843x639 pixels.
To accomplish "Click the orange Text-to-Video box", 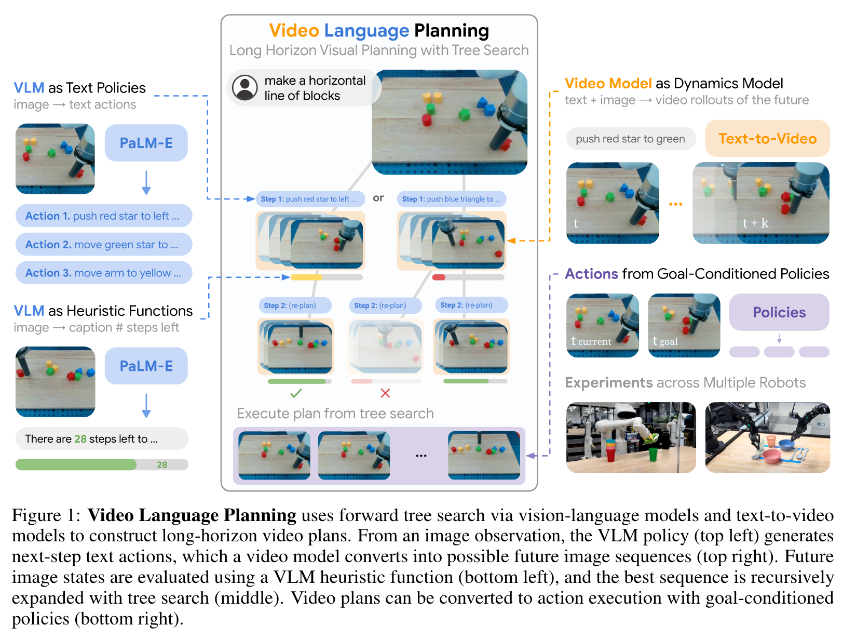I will click(767, 139).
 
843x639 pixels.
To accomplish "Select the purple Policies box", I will click(779, 312).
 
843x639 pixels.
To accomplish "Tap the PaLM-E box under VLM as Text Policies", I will click(146, 143).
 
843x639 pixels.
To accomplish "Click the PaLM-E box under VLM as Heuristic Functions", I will click(146, 366).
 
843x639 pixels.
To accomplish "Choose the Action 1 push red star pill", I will click(103, 216).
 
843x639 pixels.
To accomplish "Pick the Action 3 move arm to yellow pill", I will click(103, 273).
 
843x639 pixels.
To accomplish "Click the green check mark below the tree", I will click(296, 393).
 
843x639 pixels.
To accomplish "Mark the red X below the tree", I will click(385, 393).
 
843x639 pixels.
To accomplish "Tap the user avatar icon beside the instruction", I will click(245, 88).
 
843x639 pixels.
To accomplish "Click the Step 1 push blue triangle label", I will click(451, 199).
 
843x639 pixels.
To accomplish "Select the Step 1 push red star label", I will click(309, 199).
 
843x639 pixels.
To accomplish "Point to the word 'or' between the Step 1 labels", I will click(378, 198).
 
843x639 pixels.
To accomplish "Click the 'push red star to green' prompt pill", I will click(630, 139).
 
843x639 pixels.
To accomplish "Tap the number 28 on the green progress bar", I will click(162, 465).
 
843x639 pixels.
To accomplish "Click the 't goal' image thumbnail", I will click(684, 326).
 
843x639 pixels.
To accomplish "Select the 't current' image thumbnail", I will click(602, 326).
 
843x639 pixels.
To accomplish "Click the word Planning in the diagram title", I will click(451, 31).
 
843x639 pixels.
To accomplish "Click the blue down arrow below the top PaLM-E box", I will click(146, 183).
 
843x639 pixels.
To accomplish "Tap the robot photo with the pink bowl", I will click(767, 437).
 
